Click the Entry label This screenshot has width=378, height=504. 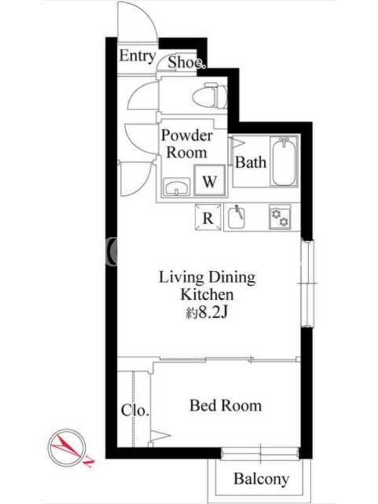[137, 56]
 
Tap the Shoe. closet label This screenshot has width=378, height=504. [186, 62]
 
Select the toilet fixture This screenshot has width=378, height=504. [210, 95]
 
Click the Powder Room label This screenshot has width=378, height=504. [186, 144]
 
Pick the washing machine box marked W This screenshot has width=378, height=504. [210, 180]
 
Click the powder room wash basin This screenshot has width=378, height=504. [176, 186]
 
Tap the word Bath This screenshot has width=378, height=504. [251, 162]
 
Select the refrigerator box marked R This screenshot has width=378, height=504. [209, 217]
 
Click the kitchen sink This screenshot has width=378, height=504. [236, 217]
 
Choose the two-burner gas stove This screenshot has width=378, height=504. [280, 217]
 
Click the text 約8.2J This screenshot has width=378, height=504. [207, 312]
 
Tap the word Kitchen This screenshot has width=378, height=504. [207, 294]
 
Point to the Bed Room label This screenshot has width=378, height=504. [226, 405]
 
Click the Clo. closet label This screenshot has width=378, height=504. [135, 410]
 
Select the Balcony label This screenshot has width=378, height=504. [261, 479]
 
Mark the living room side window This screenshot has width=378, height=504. [307, 283]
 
